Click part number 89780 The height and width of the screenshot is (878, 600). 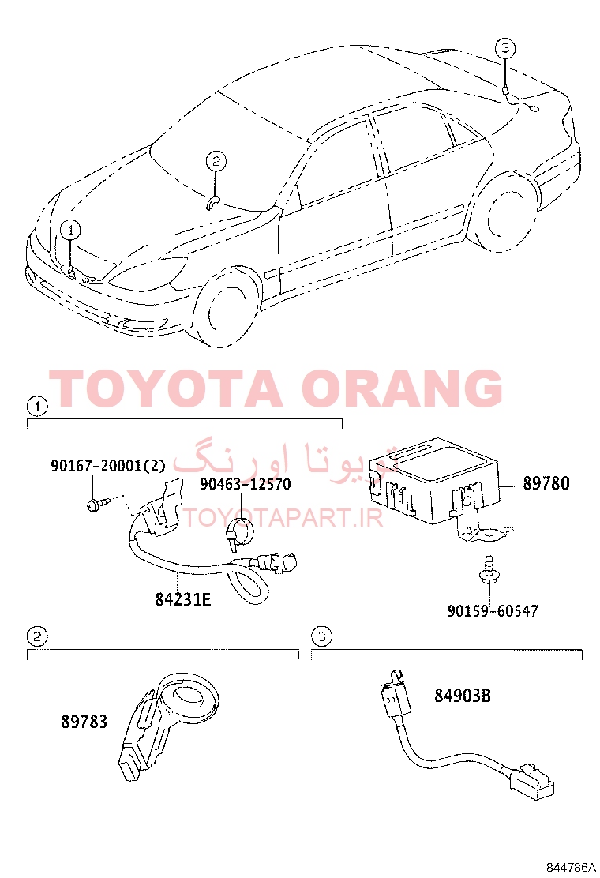546,482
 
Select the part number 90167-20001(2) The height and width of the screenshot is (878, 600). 108,465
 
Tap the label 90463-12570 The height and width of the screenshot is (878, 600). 246,484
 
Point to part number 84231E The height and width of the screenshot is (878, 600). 183,599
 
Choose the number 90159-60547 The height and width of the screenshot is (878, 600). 493,610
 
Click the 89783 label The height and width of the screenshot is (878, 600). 84,722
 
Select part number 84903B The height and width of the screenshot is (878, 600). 463,696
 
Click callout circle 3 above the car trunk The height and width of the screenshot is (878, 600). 505,48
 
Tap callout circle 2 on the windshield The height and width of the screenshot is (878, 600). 216,162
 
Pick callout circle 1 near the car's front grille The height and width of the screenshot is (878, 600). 70,230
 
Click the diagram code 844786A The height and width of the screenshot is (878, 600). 571,868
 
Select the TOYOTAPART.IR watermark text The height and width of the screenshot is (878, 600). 283,518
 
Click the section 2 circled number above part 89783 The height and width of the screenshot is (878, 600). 37,636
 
